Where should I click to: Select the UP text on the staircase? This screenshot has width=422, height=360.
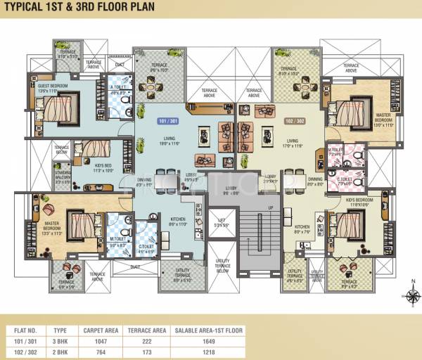tap(270, 209)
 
